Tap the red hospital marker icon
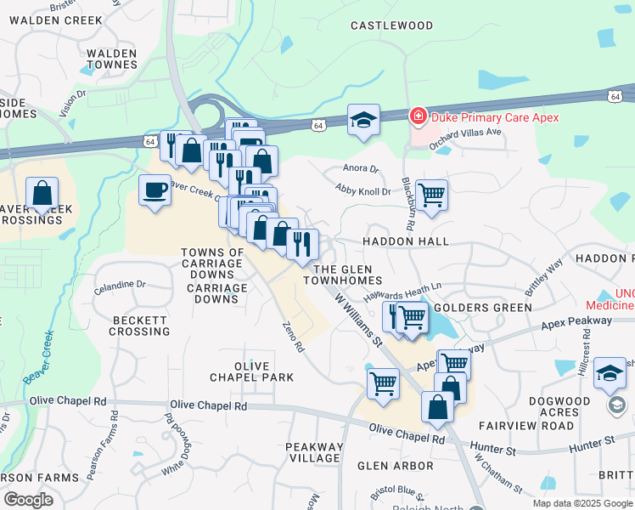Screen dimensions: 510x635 [418, 116]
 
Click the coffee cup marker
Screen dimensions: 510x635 [155, 190]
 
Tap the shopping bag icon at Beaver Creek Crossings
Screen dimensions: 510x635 [42, 195]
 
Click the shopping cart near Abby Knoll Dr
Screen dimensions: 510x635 [431, 195]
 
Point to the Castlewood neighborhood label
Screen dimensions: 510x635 [392, 26]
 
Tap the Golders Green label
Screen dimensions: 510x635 [470, 307]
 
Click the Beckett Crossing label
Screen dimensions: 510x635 [141, 325]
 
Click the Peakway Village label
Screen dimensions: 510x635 [315, 452]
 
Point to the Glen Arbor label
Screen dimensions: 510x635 [396, 466]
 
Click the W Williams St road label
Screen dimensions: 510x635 [357, 320]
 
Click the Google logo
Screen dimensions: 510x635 [29, 500]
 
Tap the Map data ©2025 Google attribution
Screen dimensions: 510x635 [582, 503]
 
